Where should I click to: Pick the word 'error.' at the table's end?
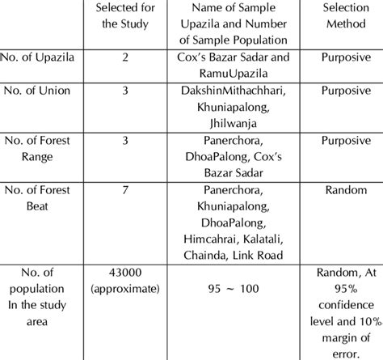point(340,352)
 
